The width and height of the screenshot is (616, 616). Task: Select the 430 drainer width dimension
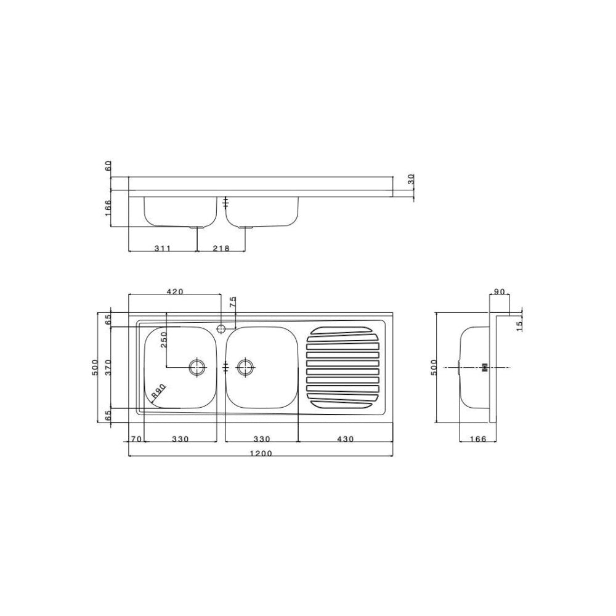pyautogui.click(x=346, y=439)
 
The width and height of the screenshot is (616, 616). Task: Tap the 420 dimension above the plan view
pyautogui.click(x=175, y=292)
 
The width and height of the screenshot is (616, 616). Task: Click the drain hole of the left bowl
pyautogui.click(x=197, y=367)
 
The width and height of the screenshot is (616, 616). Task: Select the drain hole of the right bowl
pyautogui.click(x=245, y=367)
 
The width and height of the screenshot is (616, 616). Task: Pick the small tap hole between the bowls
pyautogui.click(x=222, y=326)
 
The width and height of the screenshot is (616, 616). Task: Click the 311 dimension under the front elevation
pyautogui.click(x=162, y=248)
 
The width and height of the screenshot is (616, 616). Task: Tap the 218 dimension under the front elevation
pyautogui.click(x=221, y=248)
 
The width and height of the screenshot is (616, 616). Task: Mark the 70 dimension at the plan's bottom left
pyautogui.click(x=136, y=439)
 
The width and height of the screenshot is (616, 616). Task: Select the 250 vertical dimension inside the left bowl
pyautogui.click(x=164, y=341)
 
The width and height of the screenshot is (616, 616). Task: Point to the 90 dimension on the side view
pyautogui.click(x=499, y=291)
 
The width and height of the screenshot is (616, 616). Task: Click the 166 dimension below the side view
pyautogui.click(x=477, y=439)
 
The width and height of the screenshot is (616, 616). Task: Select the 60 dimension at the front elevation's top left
pyautogui.click(x=108, y=166)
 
